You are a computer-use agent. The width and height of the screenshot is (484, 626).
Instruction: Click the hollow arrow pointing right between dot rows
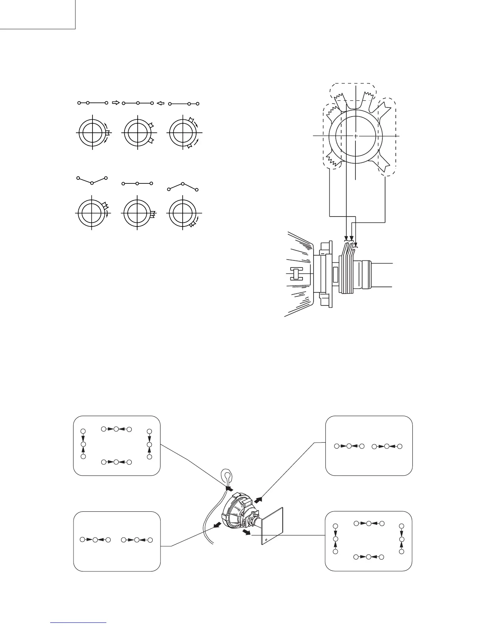115,103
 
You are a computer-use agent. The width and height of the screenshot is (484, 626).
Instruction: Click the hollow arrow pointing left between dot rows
160,104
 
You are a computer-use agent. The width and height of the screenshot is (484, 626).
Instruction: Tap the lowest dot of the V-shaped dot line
92,183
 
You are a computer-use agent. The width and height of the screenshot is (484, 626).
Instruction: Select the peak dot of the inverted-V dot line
183,184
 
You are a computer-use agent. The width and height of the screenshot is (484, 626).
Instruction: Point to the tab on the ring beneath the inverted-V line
193,224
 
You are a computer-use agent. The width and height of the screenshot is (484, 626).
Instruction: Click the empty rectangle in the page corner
38,14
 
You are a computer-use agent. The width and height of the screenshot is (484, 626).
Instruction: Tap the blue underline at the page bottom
79,622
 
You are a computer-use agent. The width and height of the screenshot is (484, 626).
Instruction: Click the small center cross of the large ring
356,136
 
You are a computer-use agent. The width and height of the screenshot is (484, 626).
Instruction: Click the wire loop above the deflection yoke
227,475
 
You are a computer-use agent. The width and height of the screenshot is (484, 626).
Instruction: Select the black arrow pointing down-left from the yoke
217,524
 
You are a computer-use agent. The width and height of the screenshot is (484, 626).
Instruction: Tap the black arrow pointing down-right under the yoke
246,533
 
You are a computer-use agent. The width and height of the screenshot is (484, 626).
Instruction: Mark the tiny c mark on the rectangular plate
266,539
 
